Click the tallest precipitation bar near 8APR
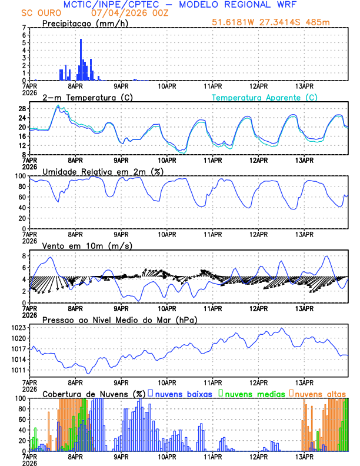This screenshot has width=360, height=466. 81,59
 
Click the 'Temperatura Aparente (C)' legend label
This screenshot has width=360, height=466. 265,97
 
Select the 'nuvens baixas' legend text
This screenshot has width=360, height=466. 182,393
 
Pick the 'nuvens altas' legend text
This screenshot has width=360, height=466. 320,393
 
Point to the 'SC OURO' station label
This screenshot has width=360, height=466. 39,12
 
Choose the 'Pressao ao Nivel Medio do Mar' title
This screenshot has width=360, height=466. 119,319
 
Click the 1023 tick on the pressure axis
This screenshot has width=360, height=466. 21,328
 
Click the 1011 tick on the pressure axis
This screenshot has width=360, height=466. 21,370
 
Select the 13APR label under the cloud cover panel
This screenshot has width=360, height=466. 304,456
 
